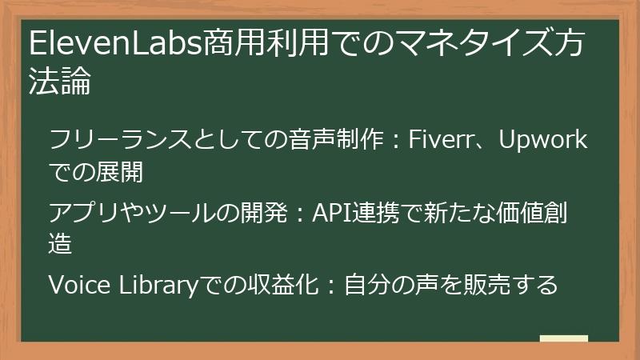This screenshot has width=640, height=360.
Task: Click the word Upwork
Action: (543, 141)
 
